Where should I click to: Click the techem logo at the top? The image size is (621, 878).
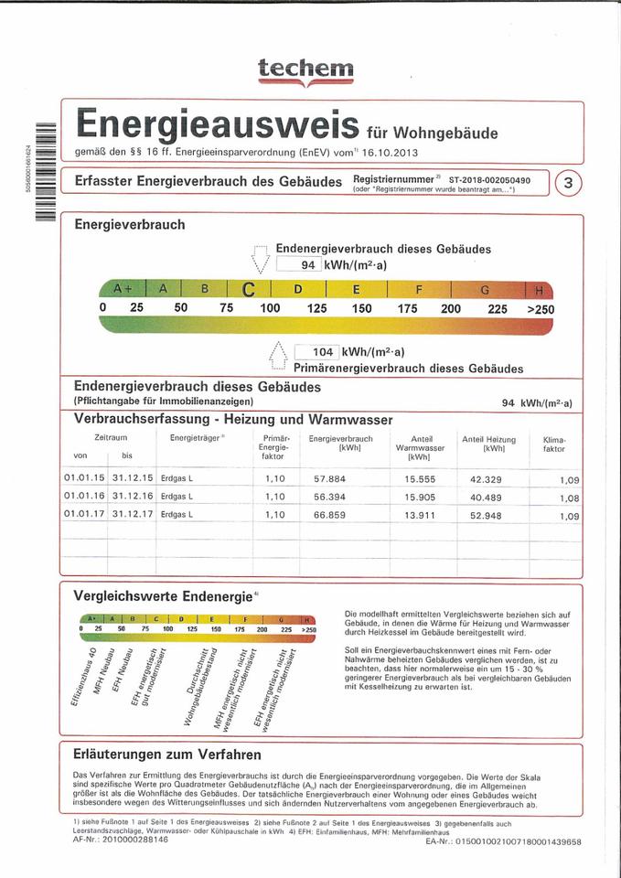[x=305, y=69]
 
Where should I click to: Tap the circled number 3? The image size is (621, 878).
[x=568, y=183]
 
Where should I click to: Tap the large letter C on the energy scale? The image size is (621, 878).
[x=248, y=290]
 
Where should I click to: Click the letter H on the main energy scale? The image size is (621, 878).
[x=539, y=290]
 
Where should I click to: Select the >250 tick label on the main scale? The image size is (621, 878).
[x=540, y=309]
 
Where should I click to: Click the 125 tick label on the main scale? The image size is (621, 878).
[x=316, y=308]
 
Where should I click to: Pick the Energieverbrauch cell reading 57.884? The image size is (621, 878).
[x=330, y=478]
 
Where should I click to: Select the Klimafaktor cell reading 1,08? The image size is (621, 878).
[x=569, y=498]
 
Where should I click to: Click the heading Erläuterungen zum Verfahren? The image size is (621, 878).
[x=166, y=755]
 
